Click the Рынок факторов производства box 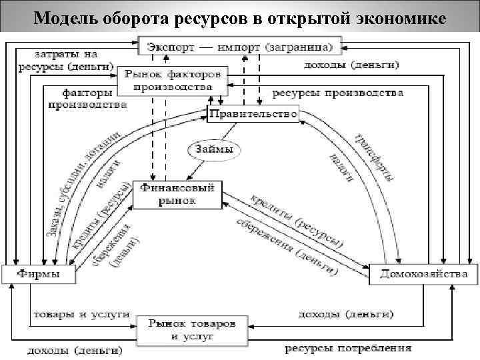pyautogui.click(x=173, y=80)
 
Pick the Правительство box pyautogui.click(x=253, y=114)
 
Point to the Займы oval pyautogui.click(x=214, y=150)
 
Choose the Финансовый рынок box pyautogui.click(x=177, y=194)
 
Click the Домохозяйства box pyautogui.click(x=423, y=274)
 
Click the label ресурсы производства pyautogui.click(x=337, y=92)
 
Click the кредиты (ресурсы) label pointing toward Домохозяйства pyautogui.click(x=297, y=219)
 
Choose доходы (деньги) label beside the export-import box pyautogui.click(x=351, y=65)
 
